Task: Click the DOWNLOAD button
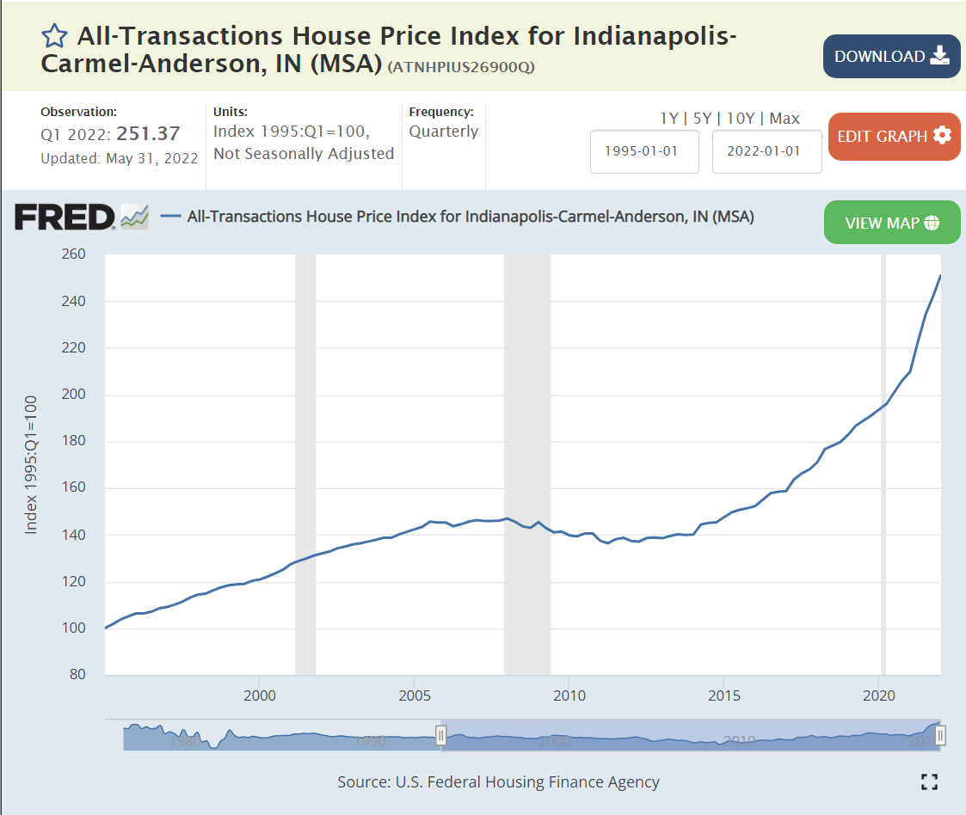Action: click(891, 57)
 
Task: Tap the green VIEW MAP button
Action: click(891, 223)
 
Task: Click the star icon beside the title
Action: click(54, 36)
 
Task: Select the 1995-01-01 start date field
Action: click(644, 151)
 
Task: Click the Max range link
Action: click(784, 119)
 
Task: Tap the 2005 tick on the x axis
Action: click(415, 695)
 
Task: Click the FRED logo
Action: click(65, 218)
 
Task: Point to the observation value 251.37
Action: click(149, 134)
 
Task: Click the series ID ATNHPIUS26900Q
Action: click(462, 67)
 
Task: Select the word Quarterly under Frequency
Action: click(443, 132)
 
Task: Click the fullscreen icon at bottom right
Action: click(929, 781)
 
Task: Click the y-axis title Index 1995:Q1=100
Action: click(31, 464)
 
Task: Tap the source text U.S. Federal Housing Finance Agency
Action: click(527, 782)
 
